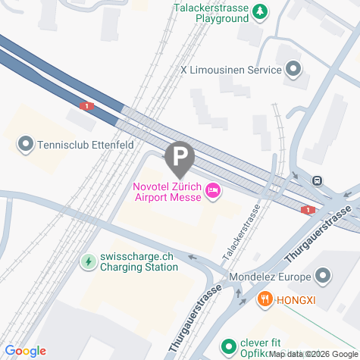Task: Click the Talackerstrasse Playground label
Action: coord(211,13)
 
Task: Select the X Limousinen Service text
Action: coord(230,70)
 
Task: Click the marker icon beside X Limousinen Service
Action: coord(294,70)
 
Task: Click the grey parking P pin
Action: coord(180,158)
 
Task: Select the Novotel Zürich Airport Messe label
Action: coord(167,193)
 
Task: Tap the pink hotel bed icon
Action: coord(213,193)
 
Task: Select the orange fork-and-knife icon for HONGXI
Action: coord(265,299)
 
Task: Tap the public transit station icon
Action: coord(317,181)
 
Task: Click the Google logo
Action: coord(25,351)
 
